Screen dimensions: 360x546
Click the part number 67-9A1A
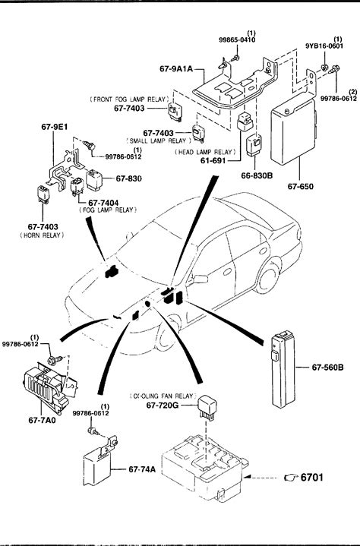[175, 68]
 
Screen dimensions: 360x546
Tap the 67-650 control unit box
[293, 131]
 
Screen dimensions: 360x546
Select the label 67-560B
[327, 367]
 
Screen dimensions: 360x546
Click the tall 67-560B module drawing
[283, 369]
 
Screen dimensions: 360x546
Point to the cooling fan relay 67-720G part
[207, 406]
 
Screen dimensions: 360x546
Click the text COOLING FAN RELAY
[163, 396]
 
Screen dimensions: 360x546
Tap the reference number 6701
[311, 477]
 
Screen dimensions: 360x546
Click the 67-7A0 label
[42, 420]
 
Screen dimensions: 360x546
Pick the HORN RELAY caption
[42, 235]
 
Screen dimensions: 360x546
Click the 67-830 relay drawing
[94, 179]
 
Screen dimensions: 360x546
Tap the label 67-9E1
[55, 127]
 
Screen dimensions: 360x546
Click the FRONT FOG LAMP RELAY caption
[129, 99]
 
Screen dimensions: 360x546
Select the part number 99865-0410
[237, 39]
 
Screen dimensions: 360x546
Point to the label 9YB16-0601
[324, 46]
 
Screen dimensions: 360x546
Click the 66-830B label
[257, 176]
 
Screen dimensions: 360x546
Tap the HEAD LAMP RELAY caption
[205, 152]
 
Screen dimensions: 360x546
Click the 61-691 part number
[213, 160]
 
